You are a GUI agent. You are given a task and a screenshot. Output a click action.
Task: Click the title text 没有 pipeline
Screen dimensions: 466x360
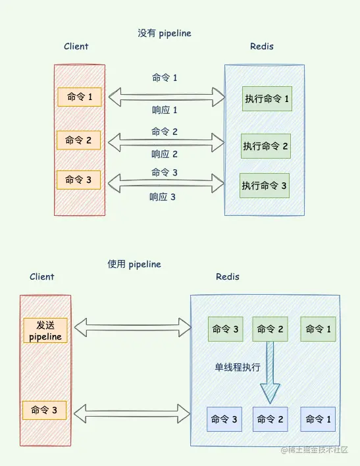coord(164,34)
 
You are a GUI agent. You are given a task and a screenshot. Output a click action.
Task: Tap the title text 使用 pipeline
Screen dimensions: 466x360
coord(134,264)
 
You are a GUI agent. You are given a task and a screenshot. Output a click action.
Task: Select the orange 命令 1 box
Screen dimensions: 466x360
coord(79,97)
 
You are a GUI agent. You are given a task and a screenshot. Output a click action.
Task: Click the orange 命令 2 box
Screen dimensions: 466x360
coord(79,140)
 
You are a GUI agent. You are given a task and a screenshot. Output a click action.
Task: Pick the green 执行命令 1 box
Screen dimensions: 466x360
coord(267,99)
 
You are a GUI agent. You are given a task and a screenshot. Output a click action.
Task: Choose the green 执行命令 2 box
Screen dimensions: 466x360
coord(265,145)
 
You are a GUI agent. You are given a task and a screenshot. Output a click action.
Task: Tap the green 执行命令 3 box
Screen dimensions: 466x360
coord(264,186)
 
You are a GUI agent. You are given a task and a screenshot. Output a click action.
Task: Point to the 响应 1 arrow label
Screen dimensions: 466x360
coord(165,111)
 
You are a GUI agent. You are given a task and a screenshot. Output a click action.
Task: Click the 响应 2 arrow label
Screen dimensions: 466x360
coord(165,154)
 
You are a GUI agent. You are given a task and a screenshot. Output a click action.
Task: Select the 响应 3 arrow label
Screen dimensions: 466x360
coord(163,196)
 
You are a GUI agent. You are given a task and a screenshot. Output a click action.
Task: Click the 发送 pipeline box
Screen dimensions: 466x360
coord(45,330)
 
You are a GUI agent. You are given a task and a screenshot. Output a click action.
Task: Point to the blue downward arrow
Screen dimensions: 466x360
coord(269,375)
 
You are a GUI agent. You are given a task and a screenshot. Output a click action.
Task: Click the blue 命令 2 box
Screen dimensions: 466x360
coord(270,419)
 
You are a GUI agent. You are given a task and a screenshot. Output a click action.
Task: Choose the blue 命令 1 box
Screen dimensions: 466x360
coord(319,419)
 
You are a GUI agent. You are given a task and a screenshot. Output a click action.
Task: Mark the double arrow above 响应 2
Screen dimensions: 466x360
coord(165,141)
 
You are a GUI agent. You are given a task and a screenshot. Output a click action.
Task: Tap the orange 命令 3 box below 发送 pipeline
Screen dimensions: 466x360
coord(45,411)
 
